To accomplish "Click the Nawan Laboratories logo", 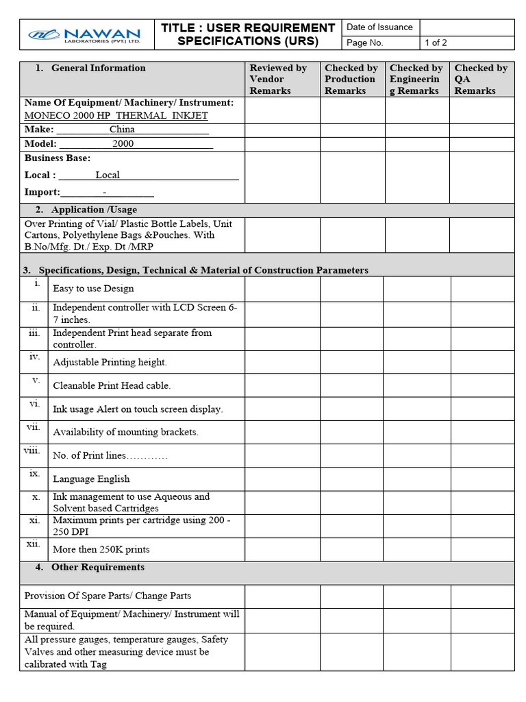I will point(84,34).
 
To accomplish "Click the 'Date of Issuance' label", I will point(379,27).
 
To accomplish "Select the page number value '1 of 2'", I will point(436,43).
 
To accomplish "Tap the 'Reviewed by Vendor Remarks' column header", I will point(278,79).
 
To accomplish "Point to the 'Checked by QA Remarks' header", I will point(481,79).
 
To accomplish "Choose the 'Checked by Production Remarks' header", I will point(351,79).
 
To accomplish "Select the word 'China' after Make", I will point(122,130).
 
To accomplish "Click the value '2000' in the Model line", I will point(123,144).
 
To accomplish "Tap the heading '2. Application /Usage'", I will point(86,210).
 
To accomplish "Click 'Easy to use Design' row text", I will point(93,289).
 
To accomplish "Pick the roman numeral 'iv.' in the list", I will point(35,356).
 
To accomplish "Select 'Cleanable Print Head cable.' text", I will point(112,386).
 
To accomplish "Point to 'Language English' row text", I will point(91,479).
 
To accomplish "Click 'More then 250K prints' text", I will point(101,549).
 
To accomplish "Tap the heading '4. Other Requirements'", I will point(90,568).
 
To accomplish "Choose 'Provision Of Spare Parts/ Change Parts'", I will point(108,596).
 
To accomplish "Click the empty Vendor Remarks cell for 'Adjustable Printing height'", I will point(282,362).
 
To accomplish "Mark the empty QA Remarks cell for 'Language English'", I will point(481,479).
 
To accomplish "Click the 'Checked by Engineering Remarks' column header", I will point(416,79).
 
